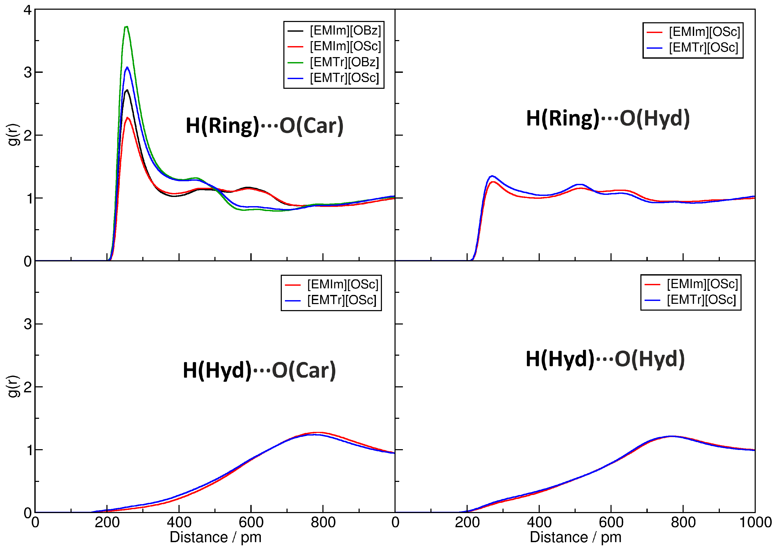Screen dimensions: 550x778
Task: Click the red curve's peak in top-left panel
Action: pos(128,118)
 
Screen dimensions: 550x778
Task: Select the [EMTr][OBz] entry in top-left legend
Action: pos(344,62)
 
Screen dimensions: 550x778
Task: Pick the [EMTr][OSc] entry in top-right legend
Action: pos(703,47)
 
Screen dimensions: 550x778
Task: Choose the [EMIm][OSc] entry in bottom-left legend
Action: pos(342,284)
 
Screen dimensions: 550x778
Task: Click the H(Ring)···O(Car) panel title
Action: pos(264,126)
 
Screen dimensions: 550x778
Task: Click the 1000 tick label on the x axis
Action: pos(755,522)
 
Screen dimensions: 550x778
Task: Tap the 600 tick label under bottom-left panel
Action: pos(251,522)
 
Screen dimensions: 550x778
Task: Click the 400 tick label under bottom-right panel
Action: pos(539,522)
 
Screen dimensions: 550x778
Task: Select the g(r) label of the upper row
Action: pos(14,135)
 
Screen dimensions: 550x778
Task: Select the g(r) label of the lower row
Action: pos(14,386)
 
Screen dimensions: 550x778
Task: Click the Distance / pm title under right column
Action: pos(575,537)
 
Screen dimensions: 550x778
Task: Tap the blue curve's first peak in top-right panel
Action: pos(492,176)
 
